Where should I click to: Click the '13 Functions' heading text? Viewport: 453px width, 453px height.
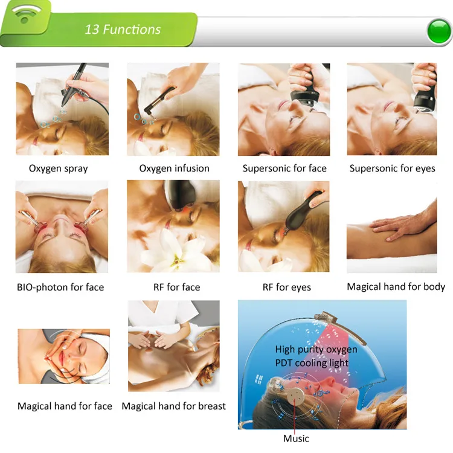click(x=123, y=30)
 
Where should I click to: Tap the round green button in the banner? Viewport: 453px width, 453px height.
click(x=439, y=31)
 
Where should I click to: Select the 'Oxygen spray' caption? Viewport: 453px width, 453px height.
click(x=59, y=169)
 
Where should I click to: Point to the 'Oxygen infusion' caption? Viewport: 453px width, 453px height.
click(x=174, y=168)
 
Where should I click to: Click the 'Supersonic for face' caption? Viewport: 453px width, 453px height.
click(x=284, y=168)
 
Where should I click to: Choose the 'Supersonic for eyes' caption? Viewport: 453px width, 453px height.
click(x=393, y=168)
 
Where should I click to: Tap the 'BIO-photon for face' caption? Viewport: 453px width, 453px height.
click(x=60, y=287)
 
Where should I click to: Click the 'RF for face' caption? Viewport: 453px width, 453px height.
click(x=176, y=287)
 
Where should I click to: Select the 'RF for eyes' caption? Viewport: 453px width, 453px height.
click(x=286, y=287)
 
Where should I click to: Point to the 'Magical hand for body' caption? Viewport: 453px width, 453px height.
click(x=396, y=286)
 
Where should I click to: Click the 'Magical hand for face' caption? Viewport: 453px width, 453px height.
click(x=65, y=406)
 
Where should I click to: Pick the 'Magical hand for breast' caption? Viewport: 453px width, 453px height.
click(x=173, y=406)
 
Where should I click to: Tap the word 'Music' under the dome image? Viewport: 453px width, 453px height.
click(x=296, y=439)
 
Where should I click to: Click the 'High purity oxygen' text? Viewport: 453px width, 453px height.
click(x=316, y=349)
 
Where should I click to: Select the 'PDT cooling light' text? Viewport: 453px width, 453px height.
click(x=312, y=363)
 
